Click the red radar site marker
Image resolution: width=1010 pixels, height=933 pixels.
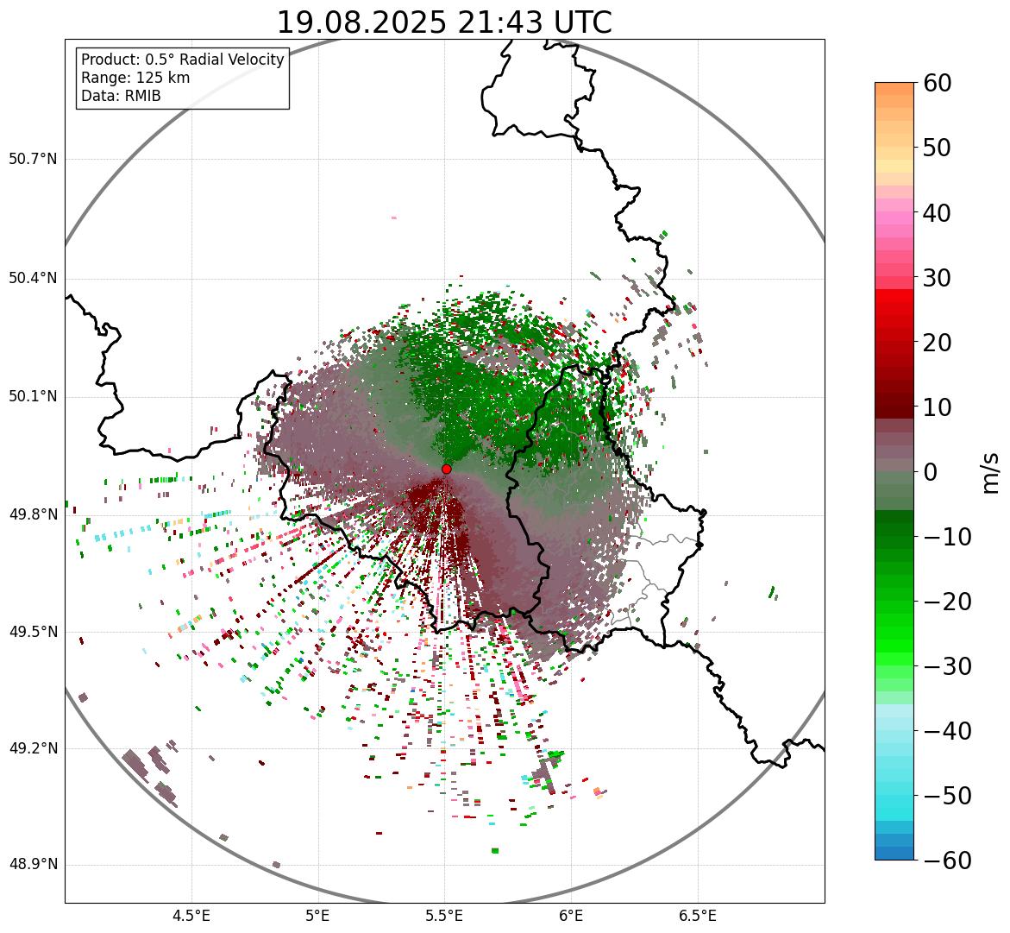pos(446,469)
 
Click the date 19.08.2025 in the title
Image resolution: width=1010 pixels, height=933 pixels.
pos(361,22)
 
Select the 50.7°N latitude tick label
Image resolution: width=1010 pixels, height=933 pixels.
pos(33,160)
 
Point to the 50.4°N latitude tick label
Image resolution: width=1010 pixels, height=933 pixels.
pos(33,278)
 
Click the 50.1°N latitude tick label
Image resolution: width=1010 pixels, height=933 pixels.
pos(33,397)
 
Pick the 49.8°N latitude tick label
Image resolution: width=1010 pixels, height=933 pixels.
pos(33,515)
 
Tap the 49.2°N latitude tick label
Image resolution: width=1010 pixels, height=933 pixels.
pos(33,748)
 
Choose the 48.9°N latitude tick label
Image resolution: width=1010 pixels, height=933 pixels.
pos(33,865)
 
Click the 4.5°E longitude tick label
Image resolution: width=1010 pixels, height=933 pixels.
pos(191,915)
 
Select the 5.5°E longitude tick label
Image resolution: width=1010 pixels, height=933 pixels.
pos(444,915)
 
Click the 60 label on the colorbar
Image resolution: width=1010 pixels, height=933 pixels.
pos(938,84)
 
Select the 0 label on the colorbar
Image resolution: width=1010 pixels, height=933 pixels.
pos(931,472)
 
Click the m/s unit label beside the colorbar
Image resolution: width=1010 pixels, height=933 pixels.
pos(990,472)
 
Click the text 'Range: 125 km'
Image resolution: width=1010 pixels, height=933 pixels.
pos(135,78)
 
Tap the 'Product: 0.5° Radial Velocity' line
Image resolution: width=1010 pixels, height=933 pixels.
pos(182,60)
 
